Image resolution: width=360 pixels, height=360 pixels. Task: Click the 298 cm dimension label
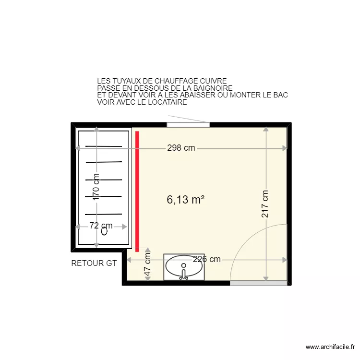[x=181, y=148]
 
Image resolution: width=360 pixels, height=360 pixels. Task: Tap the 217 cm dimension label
[x=265, y=204]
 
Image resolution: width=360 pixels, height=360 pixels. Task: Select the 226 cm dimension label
[x=207, y=259]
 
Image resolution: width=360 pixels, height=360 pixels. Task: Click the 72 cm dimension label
[x=101, y=226]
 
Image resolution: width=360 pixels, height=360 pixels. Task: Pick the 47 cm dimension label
[x=148, y=265]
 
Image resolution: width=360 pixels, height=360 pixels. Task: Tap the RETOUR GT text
[x=94, y=263]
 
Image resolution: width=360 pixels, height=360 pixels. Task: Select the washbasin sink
[x=184, y=267]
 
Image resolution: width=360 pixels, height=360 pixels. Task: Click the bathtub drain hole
[x=105, y=231]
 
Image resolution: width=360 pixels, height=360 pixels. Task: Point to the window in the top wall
[x=188, y=125]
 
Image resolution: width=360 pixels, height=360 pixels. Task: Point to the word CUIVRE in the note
[x=216, y=82]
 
